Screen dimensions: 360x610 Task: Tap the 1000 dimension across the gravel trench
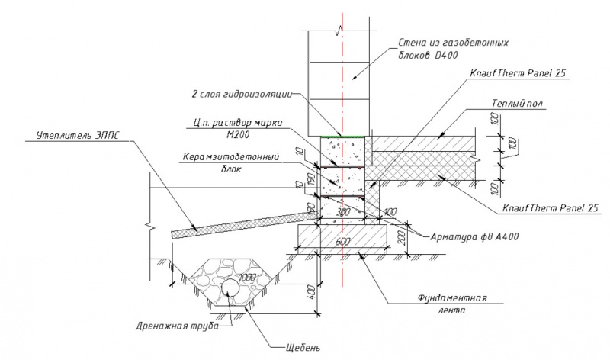coord(249,277)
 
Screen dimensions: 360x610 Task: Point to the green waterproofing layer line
coord(343,137)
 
